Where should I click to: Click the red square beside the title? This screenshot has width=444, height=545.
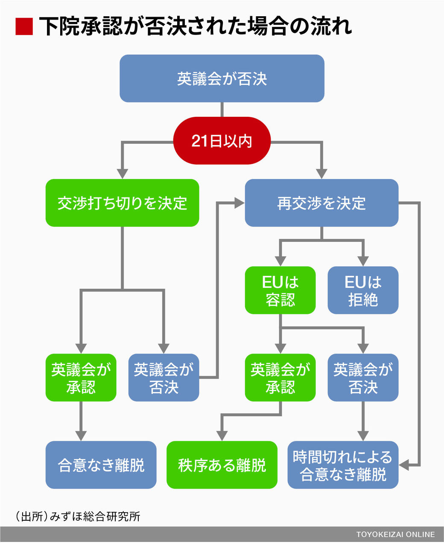pos(24,26)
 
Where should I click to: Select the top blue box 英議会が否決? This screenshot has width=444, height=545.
pos(222,78)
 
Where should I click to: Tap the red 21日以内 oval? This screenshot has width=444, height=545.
pos(222,140)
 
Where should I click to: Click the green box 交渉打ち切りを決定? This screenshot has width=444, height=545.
pos(122,203)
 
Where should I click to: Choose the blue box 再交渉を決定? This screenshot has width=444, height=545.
pos(321,203)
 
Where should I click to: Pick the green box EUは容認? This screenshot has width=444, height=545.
pos(280,290)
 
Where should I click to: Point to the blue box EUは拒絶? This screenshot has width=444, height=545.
pos(363,290)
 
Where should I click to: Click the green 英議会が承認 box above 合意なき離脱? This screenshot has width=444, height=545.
pos(81,377)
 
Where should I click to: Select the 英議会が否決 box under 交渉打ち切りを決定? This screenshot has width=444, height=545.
pos(164,377)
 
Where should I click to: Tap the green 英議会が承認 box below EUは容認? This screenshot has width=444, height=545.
pos(280,377)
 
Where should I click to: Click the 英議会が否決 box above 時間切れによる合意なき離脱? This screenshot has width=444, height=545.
pos(363,377)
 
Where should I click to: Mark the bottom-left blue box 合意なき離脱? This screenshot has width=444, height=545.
pos(101,465)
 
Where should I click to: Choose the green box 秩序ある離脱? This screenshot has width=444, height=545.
pos(222,465)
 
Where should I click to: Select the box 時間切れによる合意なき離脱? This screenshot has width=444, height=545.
pos(343,465)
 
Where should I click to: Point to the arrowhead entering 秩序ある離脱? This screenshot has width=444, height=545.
pos(222,436)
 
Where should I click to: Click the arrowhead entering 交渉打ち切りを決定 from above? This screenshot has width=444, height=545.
pos(122,174)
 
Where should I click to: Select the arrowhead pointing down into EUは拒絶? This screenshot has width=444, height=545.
pos(363,261)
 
